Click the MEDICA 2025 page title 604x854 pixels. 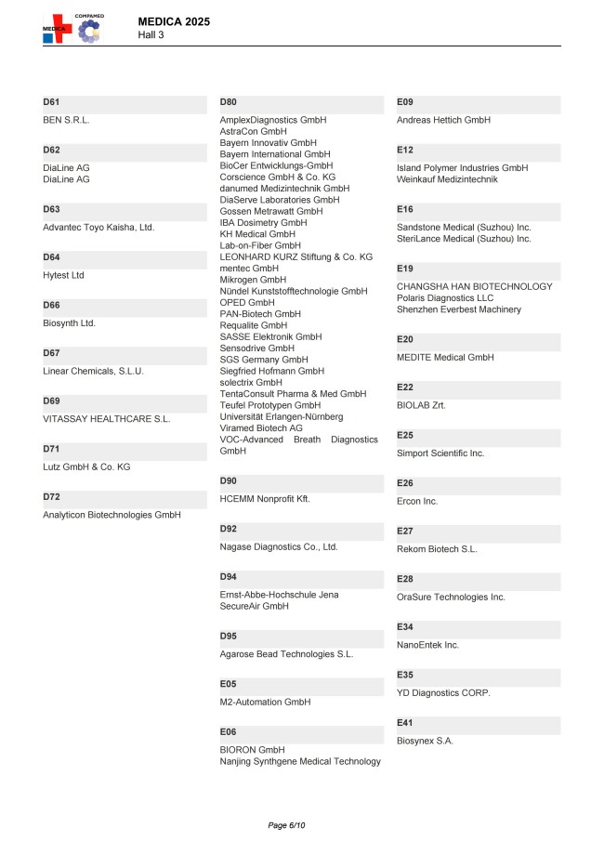[x=173, y=21]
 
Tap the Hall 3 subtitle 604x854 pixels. [x=151, y=34]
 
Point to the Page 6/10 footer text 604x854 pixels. [x=286, y=825]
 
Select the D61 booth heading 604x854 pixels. [x=51, y=101]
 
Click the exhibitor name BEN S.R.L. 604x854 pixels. [x=67, y=120]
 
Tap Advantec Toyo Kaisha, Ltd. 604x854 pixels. [x=98, y=227]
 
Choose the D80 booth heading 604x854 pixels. [x=229, y=101]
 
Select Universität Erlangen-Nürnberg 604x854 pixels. [x=282, y=417]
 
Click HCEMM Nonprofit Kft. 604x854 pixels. [x=265, y=499]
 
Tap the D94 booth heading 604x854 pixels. [x=229, y=576]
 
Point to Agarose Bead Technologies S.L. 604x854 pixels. [x=286, y=654]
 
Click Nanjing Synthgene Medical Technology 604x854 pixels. [x=300, y=762]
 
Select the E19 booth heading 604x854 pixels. [x=405, y=268]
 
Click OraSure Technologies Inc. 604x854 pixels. [x=451, y=597]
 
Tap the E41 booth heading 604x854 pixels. [x=405, y=722]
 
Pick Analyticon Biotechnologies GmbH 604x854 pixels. [x=112, y=515]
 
